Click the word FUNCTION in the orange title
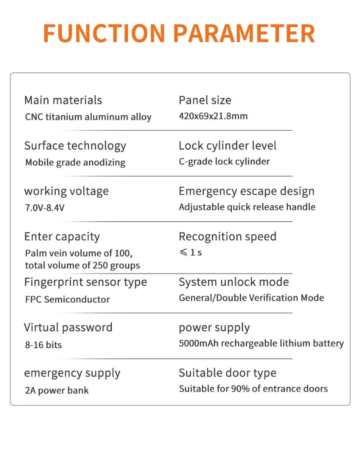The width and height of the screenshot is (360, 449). coord(104,33)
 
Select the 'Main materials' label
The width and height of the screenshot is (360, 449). coord(63,100)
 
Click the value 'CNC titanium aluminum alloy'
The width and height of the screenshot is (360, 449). coord(88,117)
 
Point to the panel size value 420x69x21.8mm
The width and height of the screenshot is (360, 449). coord(213,116)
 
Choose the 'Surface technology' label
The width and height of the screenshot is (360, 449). coord(75,146)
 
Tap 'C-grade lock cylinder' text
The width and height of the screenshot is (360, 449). coord(224,161)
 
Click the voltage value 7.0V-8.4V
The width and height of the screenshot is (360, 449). coord(45,208)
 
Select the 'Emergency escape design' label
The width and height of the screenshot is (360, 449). coord(246,191)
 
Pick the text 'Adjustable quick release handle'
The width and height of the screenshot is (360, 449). coord(247,207)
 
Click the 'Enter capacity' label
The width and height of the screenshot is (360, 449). coord(62,237)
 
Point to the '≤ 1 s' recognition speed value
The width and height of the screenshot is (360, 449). coord(190,253)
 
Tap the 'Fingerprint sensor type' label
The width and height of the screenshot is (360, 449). coord(86,282)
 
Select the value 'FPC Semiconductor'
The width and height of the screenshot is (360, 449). coord(68,299)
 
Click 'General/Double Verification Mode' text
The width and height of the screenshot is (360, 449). coord(251,298)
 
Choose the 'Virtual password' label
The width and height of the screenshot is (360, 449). coord(68,328)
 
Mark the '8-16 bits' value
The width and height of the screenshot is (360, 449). coord(43,345)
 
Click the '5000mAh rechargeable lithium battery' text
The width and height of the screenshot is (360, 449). coord(261,343)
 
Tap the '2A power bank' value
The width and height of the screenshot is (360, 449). coord(57,390)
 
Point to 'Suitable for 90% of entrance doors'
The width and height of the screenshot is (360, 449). coord(253,388)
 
